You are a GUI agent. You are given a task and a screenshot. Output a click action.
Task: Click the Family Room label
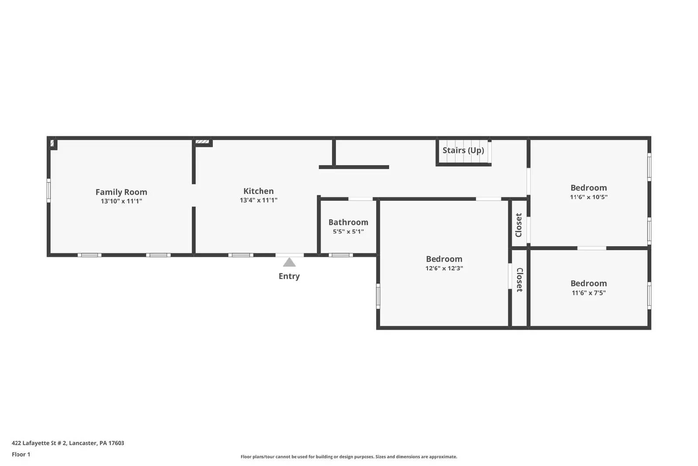click(x=121, y=192)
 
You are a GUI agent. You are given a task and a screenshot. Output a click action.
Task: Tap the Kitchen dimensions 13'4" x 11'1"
click(x=258, y=200)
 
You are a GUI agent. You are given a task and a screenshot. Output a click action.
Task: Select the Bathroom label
click(x=348, y=222)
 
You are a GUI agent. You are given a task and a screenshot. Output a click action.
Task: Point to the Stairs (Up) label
click(x=463, y=150)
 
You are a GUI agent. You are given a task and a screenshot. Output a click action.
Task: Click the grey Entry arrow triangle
click(x=289, y=262)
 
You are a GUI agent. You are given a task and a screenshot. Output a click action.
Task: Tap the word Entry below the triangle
click(x=289, y=276)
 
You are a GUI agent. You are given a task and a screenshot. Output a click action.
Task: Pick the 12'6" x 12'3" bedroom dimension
click(x=444, y=268)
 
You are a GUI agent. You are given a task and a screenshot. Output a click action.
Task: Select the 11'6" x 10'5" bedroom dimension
click(x=589, y=197)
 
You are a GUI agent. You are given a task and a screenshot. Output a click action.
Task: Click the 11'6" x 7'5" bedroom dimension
click(x=589, y=293)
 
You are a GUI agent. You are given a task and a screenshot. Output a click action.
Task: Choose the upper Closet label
click(x=519, y=225)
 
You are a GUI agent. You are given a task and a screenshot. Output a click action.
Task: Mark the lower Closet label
click(x=520, y=280)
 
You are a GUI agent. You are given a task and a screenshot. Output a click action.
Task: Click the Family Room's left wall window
click(x=48, y=190)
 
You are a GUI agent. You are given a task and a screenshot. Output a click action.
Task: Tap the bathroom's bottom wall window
click(x=341, y=255)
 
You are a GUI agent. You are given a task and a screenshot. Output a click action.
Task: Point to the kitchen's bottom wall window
click(x=241, y=255)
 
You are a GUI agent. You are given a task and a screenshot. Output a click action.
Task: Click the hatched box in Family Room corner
click(x=52, y=143)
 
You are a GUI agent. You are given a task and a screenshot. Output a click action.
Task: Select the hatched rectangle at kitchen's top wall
click(x=202, y=142)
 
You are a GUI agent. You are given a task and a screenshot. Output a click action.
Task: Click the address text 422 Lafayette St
click(x=68, y=443)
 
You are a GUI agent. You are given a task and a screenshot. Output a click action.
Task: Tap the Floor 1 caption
click(x=21, y=455)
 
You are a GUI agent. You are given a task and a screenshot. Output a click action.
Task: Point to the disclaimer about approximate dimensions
click(x=349, y=457)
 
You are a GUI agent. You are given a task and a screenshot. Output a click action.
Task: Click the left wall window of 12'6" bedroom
click(x=378, y=296)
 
